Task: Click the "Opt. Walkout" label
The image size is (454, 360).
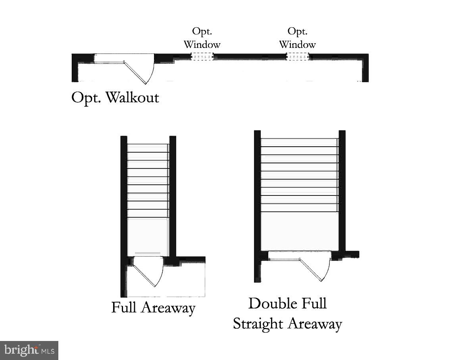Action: click(x=115, y=98)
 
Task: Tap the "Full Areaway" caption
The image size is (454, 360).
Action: click(x=153, y=308)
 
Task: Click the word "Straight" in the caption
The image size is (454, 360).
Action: click(x=258, y=324)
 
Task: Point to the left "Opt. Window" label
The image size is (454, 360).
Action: click(x=202, y=38)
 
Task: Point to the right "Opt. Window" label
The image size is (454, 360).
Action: click(x=297, y=38)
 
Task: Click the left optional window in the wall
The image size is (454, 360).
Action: click(x=202, y=57)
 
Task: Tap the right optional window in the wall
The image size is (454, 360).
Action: click(x=298, y=57)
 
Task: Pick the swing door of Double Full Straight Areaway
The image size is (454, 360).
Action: click(x=315, y=270)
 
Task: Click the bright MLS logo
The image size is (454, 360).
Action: click(x=29, y=350)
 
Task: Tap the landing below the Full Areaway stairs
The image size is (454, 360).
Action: click(x=148, y=236)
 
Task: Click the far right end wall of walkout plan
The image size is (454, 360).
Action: click(x=365, y=68)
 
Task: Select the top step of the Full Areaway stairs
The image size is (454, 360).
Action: click(x=148, y=148)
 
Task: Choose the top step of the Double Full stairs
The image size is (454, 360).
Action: click(x=299, y=142)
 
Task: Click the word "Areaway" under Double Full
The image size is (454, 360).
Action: click(x=315, y=324)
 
